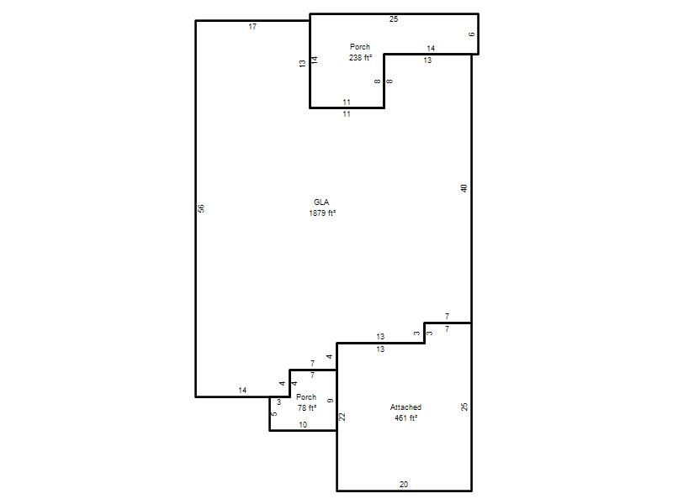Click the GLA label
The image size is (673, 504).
pos(321,202)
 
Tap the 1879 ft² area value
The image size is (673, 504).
pos(322,213)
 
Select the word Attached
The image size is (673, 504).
pos(405,407)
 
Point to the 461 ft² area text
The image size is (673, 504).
pos(406,417)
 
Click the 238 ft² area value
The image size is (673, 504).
pos(360,57)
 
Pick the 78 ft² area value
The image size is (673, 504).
pos(307,408)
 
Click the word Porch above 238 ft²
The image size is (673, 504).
pos(360,47)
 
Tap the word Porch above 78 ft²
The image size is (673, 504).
pos(306,397)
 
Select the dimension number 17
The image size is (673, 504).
pos(252,27)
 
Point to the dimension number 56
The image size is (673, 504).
pos(201,208)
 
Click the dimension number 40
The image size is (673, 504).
pos(464,187)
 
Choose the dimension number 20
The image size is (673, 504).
pos(404,485)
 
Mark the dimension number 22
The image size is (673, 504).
pos(342,417)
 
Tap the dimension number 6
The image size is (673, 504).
pos(472,34)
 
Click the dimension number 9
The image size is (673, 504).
pos(330,401)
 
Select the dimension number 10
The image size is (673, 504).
pos(303,425)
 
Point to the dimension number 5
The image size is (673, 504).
pos(274,413)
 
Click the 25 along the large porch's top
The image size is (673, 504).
pos(394,18)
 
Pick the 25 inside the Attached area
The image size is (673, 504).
pos(464,407)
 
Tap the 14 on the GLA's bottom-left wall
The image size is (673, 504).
pos(242,391)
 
